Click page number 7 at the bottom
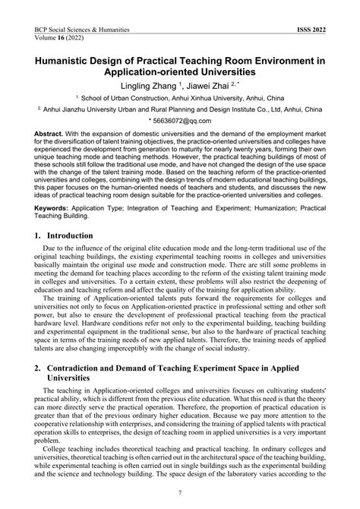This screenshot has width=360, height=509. point(180,493)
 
